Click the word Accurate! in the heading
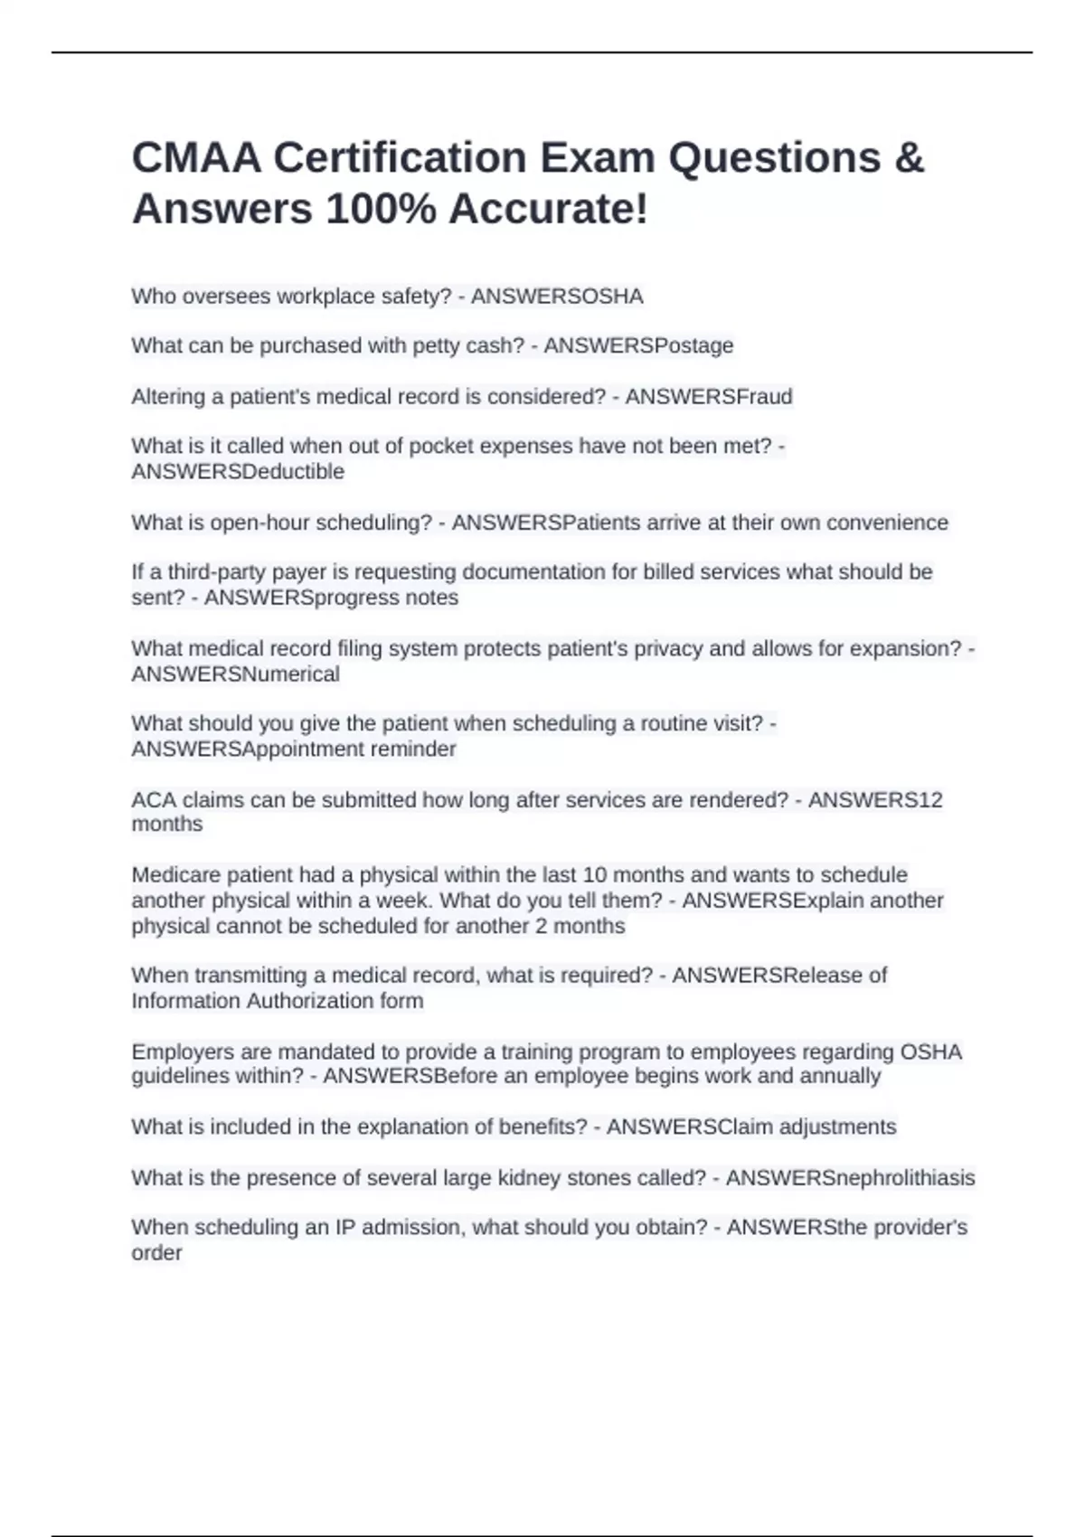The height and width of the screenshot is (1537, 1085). [548, 210]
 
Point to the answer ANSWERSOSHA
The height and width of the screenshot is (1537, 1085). [557, 297]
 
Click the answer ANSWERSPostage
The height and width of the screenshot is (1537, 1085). [638, 346]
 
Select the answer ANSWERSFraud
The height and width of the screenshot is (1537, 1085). [709, 397]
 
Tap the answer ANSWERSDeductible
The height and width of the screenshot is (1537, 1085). [238, 472]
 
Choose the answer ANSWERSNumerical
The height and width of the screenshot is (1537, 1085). [235, 674]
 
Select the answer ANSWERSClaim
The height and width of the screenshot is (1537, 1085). [689, 1127]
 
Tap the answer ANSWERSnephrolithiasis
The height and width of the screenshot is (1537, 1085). [850, 1178]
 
